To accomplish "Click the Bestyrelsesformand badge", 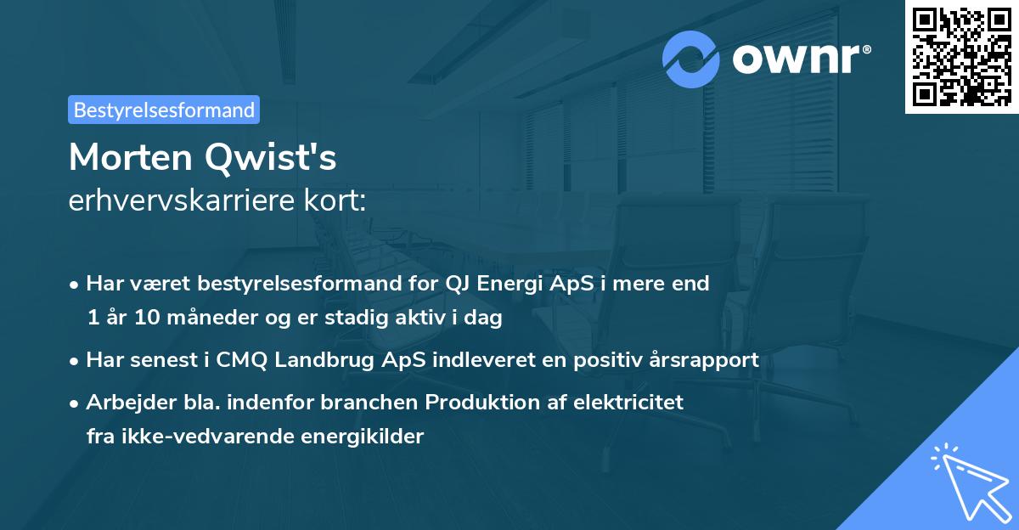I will coord(164,110).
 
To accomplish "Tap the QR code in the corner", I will coord(961,56).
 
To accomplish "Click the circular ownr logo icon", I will coord(691,59).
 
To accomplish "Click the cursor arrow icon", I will coord(968,479).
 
